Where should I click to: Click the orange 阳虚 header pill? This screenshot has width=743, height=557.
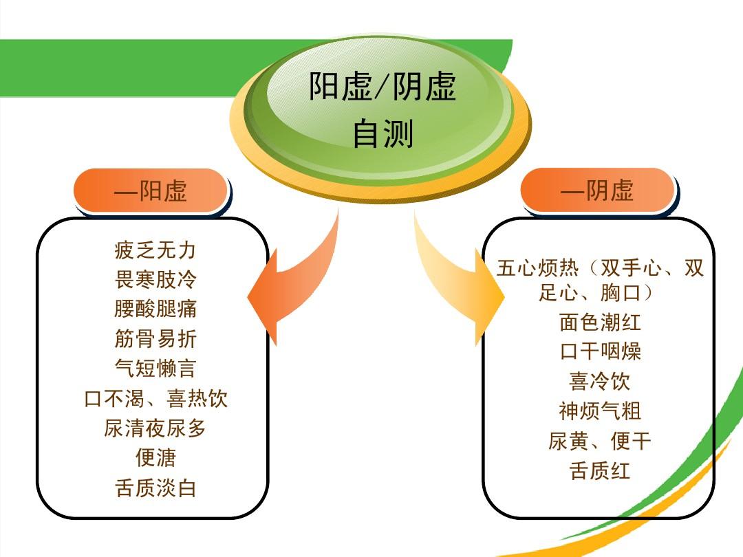[151, 190]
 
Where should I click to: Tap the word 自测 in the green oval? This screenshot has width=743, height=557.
[383, 133]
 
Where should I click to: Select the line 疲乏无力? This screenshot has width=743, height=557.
[155, 250]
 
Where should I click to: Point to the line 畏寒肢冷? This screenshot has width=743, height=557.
[155, 279]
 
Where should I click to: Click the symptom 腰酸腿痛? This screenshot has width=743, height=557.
[155, 309]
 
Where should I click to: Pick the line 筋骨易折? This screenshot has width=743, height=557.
[155, 338]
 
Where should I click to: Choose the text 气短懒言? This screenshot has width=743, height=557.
[155, 368]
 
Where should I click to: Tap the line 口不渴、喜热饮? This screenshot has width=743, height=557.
[155, 398]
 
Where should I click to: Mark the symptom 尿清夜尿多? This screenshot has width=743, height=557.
[155, 428]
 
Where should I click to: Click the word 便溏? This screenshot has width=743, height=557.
[155, 457]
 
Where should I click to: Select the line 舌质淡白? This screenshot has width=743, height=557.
[155, 488]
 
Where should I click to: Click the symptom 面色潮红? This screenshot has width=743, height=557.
[600, 322]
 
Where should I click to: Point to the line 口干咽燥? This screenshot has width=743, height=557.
[600, 351]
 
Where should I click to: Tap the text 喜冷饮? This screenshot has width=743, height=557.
[599, 381]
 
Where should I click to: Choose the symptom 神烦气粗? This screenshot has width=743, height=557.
[600, 411]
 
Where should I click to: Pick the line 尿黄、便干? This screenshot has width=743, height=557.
[599, 441]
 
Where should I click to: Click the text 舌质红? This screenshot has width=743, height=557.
[599, 471]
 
